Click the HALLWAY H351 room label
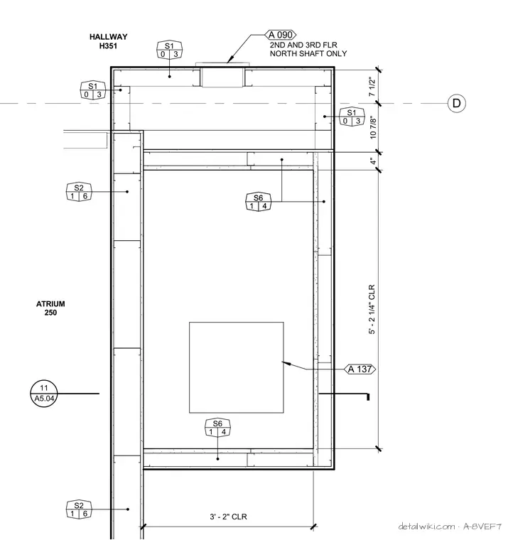(109, 41)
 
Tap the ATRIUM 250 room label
(50, 308)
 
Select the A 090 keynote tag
(281, 35)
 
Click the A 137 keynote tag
(360, 369)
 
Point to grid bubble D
(457, 103)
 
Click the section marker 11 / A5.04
(44, 394)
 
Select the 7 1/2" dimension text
(372, 87)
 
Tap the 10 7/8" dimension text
(373, 127)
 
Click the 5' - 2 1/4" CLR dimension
(372, 309)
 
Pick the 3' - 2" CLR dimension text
(228, 517)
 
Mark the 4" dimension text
(372, 161)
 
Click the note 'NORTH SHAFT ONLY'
(308, 53)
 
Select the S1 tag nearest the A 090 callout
(169, 50)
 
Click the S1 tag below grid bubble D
(352, 117)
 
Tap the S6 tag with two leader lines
(258, 202)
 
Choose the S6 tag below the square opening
(217, 428)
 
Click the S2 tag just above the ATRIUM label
(79, 192)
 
